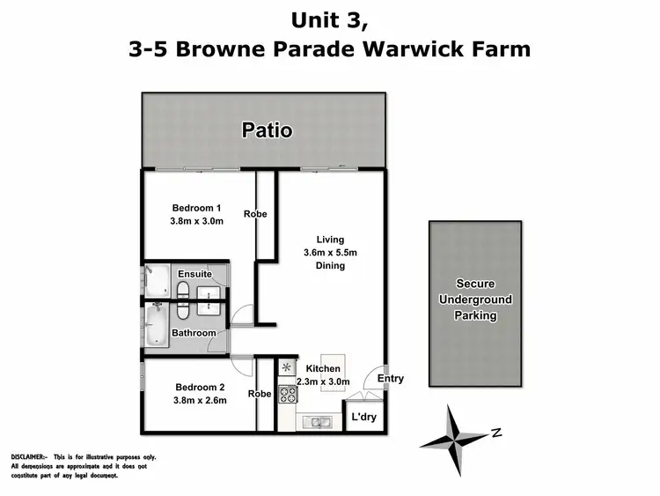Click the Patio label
[268, 131]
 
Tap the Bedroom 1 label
[196, 208]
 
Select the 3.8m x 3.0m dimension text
[196, 221]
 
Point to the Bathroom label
[194, 333]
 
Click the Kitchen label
[323, 368]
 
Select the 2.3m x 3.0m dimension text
[323, 381]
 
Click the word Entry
[391, 379]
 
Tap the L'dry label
[363, 418]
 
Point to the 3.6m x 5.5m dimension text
[331, 252]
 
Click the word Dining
[331, 265]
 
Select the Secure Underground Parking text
[475, 300]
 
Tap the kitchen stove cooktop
[287, 394]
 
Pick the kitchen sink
[318, 422]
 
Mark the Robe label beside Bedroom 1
[257, 214]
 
